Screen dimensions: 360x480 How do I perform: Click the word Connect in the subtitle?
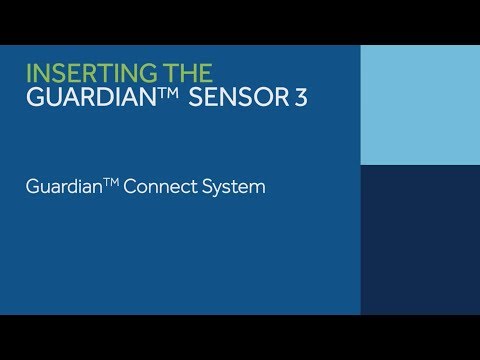click(x=164, y=187)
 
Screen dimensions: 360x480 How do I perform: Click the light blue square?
click(x=420, y=105)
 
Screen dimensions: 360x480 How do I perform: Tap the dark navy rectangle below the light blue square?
click(x=420, y=240)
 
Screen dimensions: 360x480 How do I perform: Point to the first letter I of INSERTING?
click(x=28, y=73)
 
